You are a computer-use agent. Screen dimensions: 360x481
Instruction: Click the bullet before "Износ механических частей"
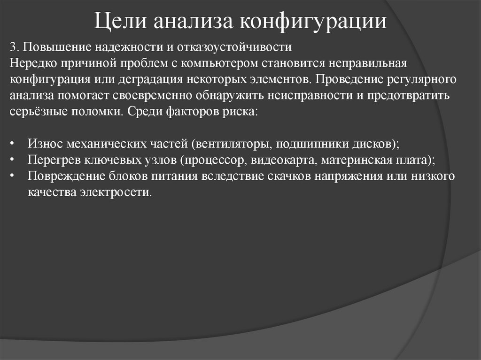point(13,144)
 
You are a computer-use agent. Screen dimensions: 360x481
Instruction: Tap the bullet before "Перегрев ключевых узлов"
point(13,160)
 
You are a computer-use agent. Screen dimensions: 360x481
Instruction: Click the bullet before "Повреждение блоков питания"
point(13,176)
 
